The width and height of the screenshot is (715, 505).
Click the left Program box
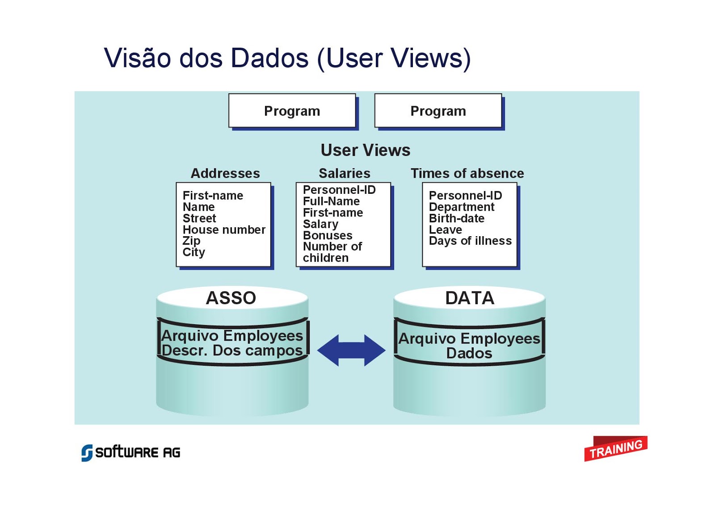tap(292, 111)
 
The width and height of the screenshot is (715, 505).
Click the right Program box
tap(438, 111)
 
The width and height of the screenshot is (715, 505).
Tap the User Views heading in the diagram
tap(365, 150)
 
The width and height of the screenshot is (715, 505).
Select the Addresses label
tap(225, 173)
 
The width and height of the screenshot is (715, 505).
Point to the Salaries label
tap(344, 173)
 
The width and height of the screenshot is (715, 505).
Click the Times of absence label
tap(467, 173)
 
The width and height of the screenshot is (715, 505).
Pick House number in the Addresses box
tap(224, 230)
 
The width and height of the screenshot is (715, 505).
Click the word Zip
tap(191, 241)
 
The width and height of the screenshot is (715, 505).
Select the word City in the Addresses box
tap(193, 252)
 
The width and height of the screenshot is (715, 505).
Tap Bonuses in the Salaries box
tap(328, 235)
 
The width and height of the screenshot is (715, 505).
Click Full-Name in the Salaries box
tap(331, 201)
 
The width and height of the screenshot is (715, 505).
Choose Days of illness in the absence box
tap(470, 241)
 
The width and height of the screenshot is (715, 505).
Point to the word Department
tap(462, 207)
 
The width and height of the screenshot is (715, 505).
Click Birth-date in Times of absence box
tap(456, 218)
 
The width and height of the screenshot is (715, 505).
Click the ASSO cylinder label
tap(231, 298)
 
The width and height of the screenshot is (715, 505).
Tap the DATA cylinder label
tap(470, 298)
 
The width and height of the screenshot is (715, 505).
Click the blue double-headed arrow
tap(351, 350)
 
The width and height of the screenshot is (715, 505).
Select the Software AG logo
tap(131, 452)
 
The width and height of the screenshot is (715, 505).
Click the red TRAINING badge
tap(615, 448)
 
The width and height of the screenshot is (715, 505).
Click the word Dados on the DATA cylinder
tap(469, 353)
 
